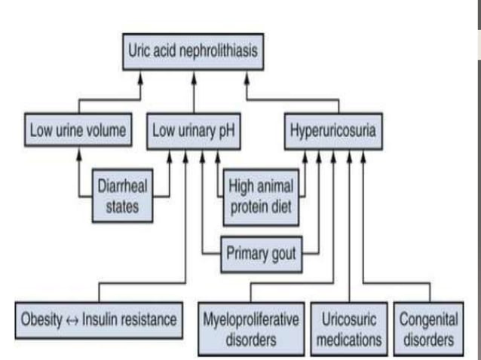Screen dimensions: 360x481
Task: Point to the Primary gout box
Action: click(x=261, y=252)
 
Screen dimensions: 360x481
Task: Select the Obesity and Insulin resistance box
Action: click(x=99, y=319)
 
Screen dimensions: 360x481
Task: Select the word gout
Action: click(x=281, y=252)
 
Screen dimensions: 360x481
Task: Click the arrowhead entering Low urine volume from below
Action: click(x=78, y=153)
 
